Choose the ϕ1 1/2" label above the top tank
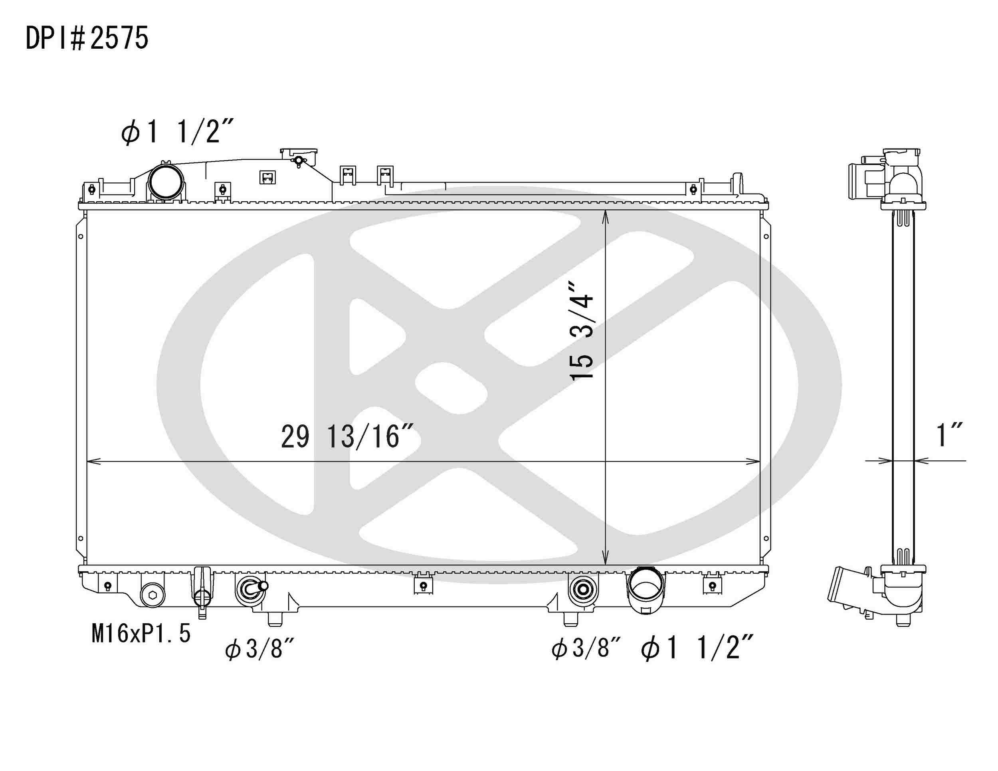(x=178, y=132)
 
